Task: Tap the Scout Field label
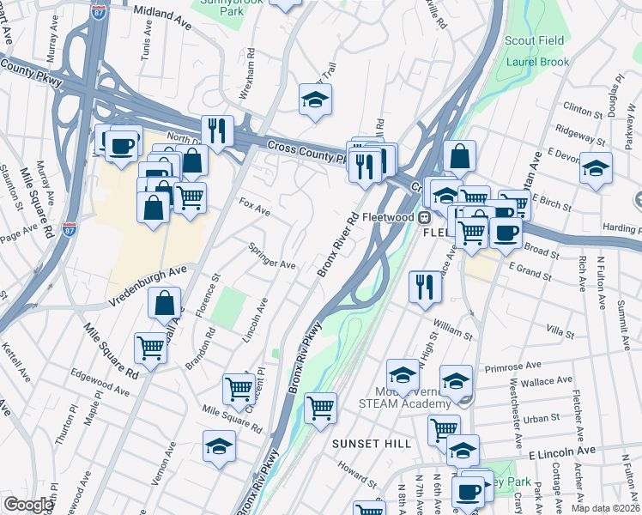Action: (534, 41)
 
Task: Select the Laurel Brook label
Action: (537, 63)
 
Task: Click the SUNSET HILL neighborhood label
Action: (372, 443)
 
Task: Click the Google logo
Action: (28, 505)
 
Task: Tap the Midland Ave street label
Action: (164, 15)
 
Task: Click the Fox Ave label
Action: (255, 207)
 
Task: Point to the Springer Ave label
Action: (271, 257)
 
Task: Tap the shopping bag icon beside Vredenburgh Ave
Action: (164, 302)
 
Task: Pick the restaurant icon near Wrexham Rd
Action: (217, 130)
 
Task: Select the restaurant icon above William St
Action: (424, 286)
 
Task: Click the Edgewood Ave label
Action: (100, 384)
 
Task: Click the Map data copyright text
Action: (606, 508)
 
